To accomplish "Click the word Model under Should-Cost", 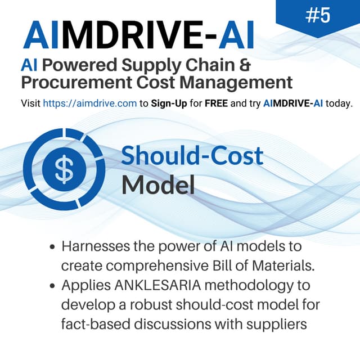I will click(x=158, y=184).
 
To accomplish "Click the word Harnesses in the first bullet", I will click(x=94, y=247).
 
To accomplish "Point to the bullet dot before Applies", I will click(x=52, y=286).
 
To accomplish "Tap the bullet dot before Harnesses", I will click(x=52, y=247).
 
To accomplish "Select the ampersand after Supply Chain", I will click(x=243, y=64).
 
